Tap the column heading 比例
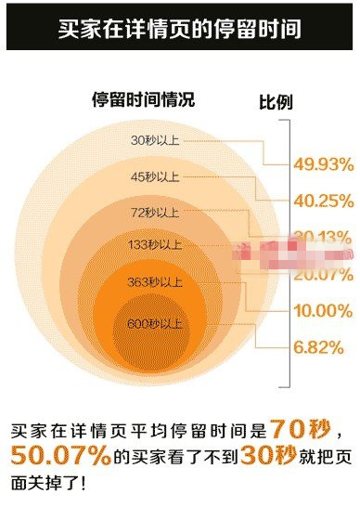[x=275, y=101]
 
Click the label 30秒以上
[x=154, y=141]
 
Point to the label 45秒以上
[x=154, y=175]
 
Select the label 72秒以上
[x=155, y=213]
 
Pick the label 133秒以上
[x=155, y=245]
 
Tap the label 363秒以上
[x=155, y=281]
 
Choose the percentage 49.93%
[x=324, y=164]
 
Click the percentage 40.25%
[x=324, y=201]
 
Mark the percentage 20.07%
[x=324, y=275]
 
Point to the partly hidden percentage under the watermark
[x=324, y=236]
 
